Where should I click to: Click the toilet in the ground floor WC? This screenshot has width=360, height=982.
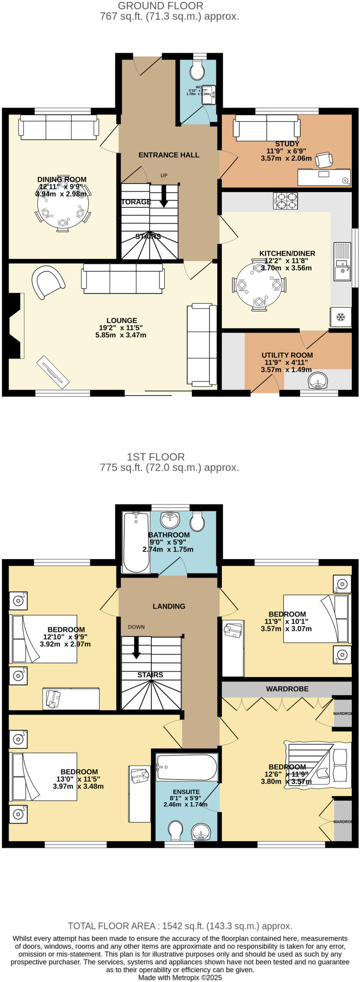coord(197,71)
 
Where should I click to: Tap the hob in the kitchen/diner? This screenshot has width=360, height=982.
coord(285,200)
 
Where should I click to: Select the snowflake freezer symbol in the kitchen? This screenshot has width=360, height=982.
coord(340,317)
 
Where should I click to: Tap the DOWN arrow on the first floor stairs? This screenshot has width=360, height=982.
coord(137,648)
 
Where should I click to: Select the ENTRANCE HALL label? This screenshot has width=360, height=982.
coord(169,155)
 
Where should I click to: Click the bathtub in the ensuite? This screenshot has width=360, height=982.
coord(186,768)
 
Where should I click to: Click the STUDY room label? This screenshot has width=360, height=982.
coord(287,144)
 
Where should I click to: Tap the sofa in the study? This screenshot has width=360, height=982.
coord(267,127)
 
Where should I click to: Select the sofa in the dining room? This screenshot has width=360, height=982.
coord(58,126)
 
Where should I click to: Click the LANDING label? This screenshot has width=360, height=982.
coord(169,606)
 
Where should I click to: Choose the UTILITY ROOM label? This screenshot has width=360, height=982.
coord(287,355)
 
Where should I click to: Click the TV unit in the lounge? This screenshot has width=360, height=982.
coord(53,371)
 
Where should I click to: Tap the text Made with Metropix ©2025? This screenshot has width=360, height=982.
coord(180,977)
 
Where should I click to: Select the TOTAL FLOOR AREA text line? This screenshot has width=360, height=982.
coord(180,926)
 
